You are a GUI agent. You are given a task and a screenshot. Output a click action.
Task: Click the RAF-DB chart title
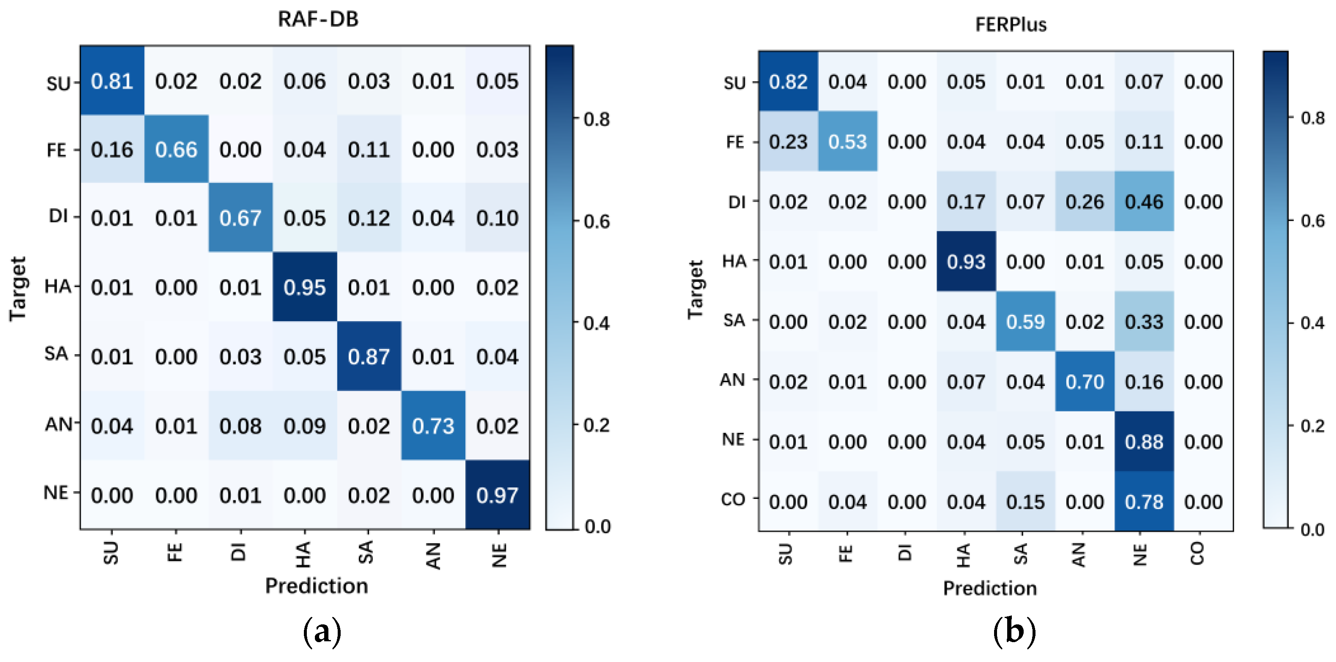(318, 19)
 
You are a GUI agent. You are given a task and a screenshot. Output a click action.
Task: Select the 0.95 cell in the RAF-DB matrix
(304, 287)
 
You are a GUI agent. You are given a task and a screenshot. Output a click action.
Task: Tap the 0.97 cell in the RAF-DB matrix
(497, 495)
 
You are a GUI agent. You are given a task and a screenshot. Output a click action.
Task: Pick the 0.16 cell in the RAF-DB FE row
(112, 150)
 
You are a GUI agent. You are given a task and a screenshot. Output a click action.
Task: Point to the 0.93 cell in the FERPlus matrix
(966, 262)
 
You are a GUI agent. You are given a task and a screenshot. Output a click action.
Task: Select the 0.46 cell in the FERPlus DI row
(1144, 202)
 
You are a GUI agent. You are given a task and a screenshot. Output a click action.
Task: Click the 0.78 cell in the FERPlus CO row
(1144, 502)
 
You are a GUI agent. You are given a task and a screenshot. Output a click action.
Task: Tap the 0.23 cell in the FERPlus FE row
(788, 142)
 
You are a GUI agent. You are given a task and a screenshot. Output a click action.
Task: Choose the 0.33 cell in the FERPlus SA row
(1144, 322)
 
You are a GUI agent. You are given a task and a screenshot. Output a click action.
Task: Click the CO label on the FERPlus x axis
(1197, 554)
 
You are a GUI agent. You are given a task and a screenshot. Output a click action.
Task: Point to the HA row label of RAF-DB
(57, 286)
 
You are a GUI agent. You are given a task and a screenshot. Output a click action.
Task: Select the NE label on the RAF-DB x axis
(499, 555)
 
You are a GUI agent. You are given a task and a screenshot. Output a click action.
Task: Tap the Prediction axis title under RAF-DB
(317, 586)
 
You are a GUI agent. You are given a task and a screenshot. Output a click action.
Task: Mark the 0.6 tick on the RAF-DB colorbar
(596, 222)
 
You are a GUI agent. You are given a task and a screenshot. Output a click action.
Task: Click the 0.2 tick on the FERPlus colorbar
(1312, 426)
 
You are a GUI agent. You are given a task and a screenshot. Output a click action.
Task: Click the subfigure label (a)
(322, 632)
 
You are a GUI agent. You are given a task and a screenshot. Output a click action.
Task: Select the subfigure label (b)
(1014, 632)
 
